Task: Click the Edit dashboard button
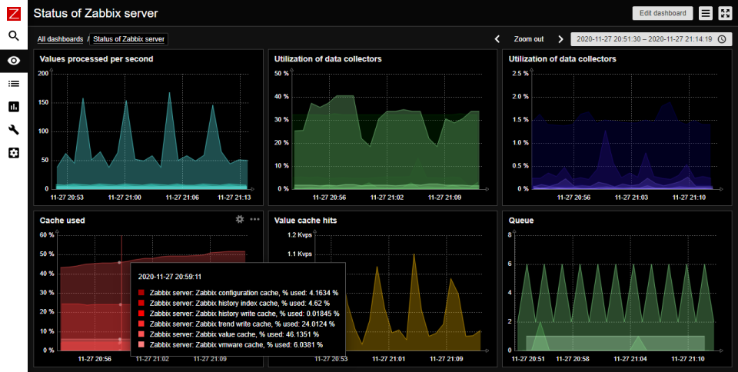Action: [x=662, y=13]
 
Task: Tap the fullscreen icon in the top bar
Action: [x=725, y=13]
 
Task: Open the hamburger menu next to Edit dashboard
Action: [x=706, y=13]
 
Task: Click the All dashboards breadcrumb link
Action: [x=60, y=38]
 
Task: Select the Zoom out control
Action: [x=528, y=38]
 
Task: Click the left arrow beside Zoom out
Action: [x=497, y=38]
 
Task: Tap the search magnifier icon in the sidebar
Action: [x=14, y=35]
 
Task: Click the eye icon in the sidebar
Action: [x=14, y=60]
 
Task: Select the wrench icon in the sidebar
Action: [x=14, y=130]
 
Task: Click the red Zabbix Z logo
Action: [x=14, y=12]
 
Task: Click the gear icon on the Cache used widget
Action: [x=239, y=219]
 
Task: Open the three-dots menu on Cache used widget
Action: [x=254, y=219]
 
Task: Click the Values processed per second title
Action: [x=96, y=59]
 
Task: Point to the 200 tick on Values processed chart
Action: [x=43, y=73]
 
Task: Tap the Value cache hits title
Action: [x=305, y=220]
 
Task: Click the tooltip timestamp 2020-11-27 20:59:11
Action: [x=171, y=276]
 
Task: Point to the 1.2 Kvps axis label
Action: [x=298, y=234]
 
